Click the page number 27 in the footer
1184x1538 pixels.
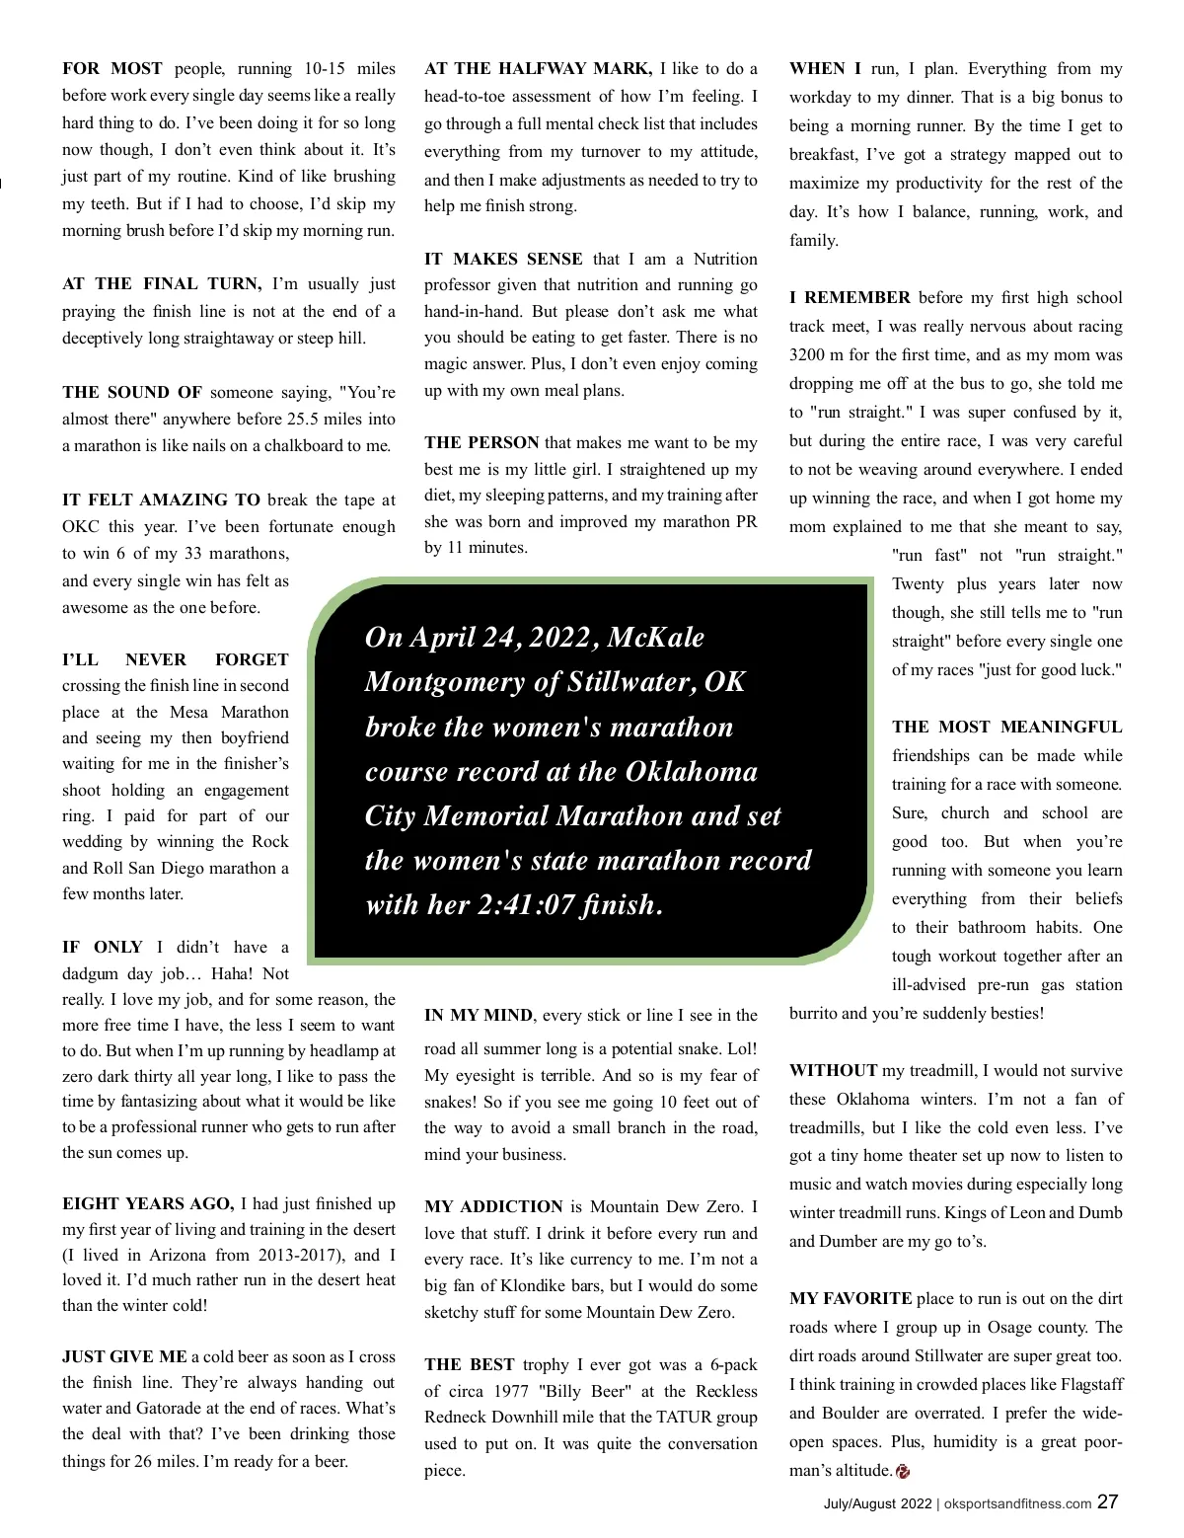tap(1108, 1501)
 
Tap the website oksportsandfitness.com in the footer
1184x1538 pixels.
tap(1017, 1504)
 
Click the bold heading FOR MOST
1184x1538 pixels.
tap(112, 68)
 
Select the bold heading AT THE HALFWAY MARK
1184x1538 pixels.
tap(538, 68)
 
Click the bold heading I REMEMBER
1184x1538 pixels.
tap(850, 297)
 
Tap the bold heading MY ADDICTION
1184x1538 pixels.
tap(493, 1206)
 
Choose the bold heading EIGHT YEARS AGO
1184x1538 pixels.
tap(148, 1203)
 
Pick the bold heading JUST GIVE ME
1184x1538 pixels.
tap(124, 1356)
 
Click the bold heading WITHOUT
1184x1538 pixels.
tap(833, 1070)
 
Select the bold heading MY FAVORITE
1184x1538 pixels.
tap(851, 1298)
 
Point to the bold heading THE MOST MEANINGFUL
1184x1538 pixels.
tap(1006, 727)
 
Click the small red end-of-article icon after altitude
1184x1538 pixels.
tap(903, 1472)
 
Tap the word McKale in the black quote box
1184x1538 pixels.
tap(655, 637)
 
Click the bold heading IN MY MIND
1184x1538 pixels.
tap(479, 1015)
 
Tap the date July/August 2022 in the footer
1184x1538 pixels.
tap(877, 1504)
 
